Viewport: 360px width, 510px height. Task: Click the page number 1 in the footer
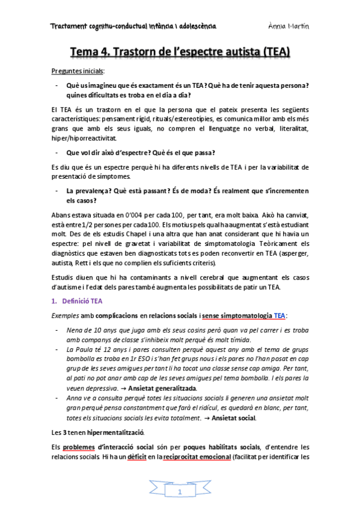[x=180, y=493]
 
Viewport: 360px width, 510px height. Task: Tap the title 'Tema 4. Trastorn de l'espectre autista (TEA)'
[x=180, y=53]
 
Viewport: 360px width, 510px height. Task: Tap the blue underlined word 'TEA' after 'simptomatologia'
[x=279, y=315]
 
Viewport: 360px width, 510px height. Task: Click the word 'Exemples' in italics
[x=64, y=315]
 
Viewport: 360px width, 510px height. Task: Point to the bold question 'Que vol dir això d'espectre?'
[x=109, y=152]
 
